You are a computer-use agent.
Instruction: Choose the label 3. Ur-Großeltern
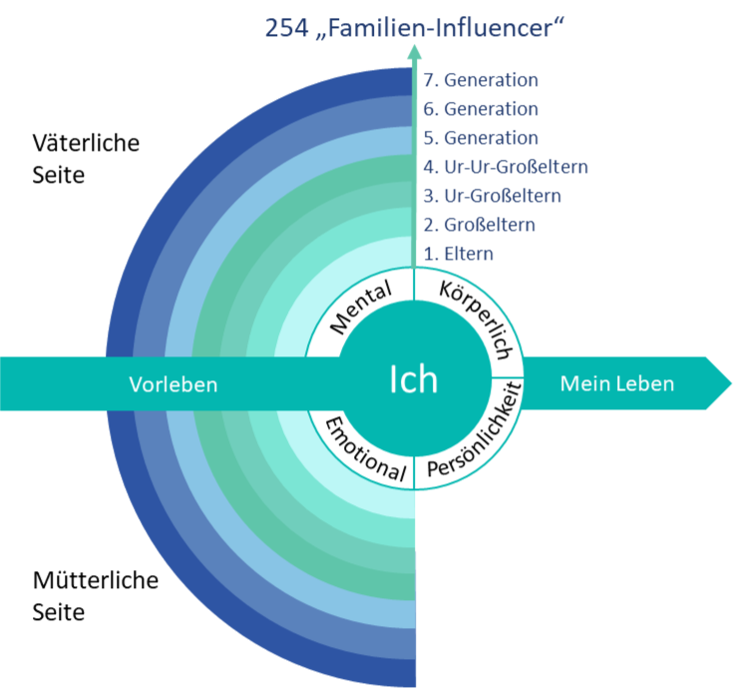click(493, 196)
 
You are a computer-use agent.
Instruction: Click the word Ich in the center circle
click(413, 381)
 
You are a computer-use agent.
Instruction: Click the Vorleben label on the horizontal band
click(174, 383)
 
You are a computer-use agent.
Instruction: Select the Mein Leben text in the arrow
click(617, 382)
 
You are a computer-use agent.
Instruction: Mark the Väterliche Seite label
click(87, 158)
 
